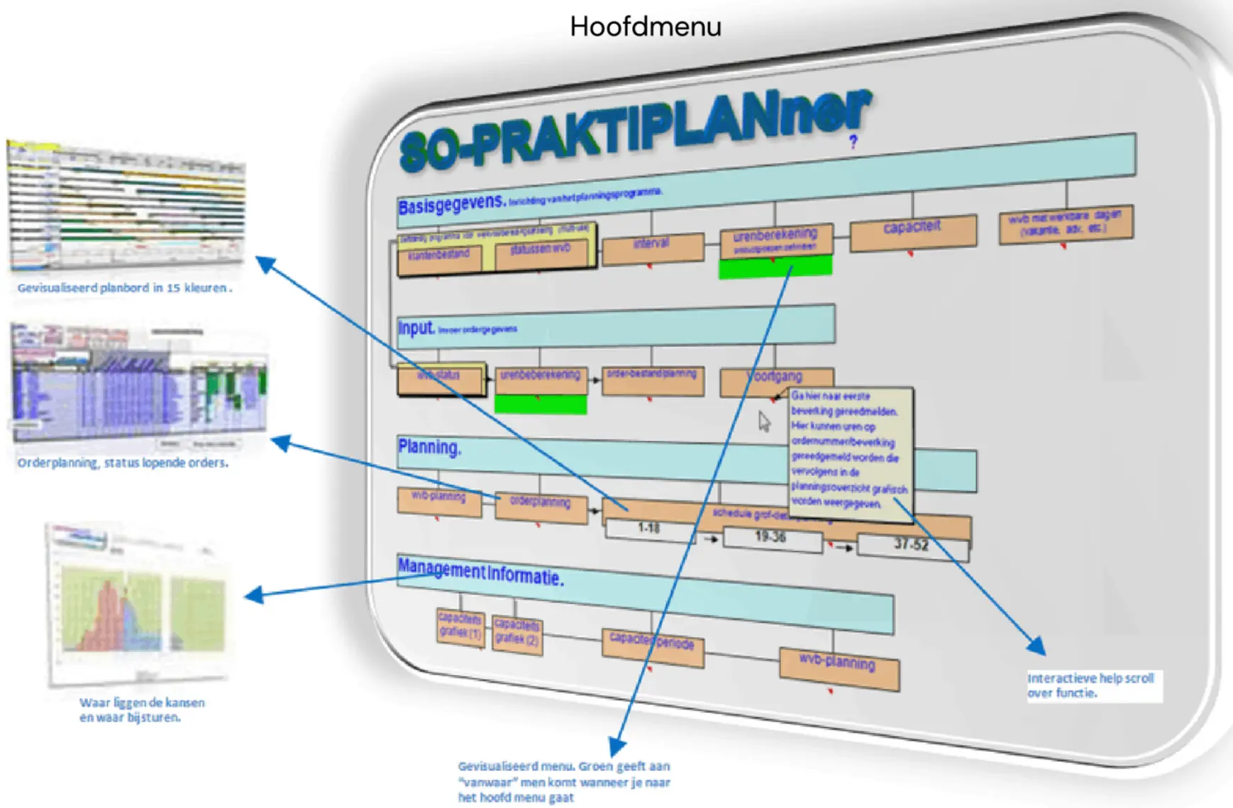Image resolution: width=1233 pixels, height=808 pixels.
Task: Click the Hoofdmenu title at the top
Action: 645,27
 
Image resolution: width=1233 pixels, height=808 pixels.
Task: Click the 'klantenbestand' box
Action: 439,258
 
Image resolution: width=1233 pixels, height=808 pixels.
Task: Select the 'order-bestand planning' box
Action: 652,379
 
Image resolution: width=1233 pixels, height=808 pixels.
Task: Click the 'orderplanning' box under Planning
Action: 541,507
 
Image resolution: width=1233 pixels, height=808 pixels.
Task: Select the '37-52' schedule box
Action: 912,546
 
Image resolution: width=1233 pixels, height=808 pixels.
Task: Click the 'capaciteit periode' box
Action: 652,646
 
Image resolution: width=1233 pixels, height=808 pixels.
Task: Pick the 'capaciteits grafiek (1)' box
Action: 460,626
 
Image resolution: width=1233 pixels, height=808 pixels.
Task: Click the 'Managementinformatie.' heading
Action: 480,572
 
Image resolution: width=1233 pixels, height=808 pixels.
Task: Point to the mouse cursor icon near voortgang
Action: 763,421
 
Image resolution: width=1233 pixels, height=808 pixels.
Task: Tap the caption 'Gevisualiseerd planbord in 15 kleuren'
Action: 124,289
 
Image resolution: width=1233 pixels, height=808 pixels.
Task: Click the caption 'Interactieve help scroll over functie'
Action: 1091,686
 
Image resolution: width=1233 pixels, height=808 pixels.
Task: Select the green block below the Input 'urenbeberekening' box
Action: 541,404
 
